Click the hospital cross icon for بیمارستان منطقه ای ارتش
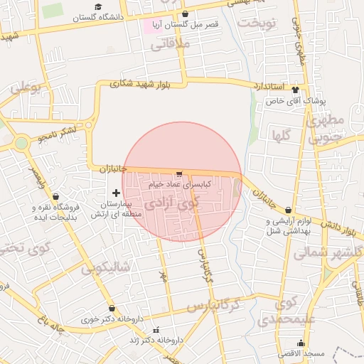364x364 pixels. [x=117, y=193]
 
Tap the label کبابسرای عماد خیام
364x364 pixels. [x=178, y=184]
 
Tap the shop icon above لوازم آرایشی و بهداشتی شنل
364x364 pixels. [x=288, y=210]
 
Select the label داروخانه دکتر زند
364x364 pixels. [x=162, y=341]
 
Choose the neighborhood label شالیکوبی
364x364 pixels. [x=105, y=267]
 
